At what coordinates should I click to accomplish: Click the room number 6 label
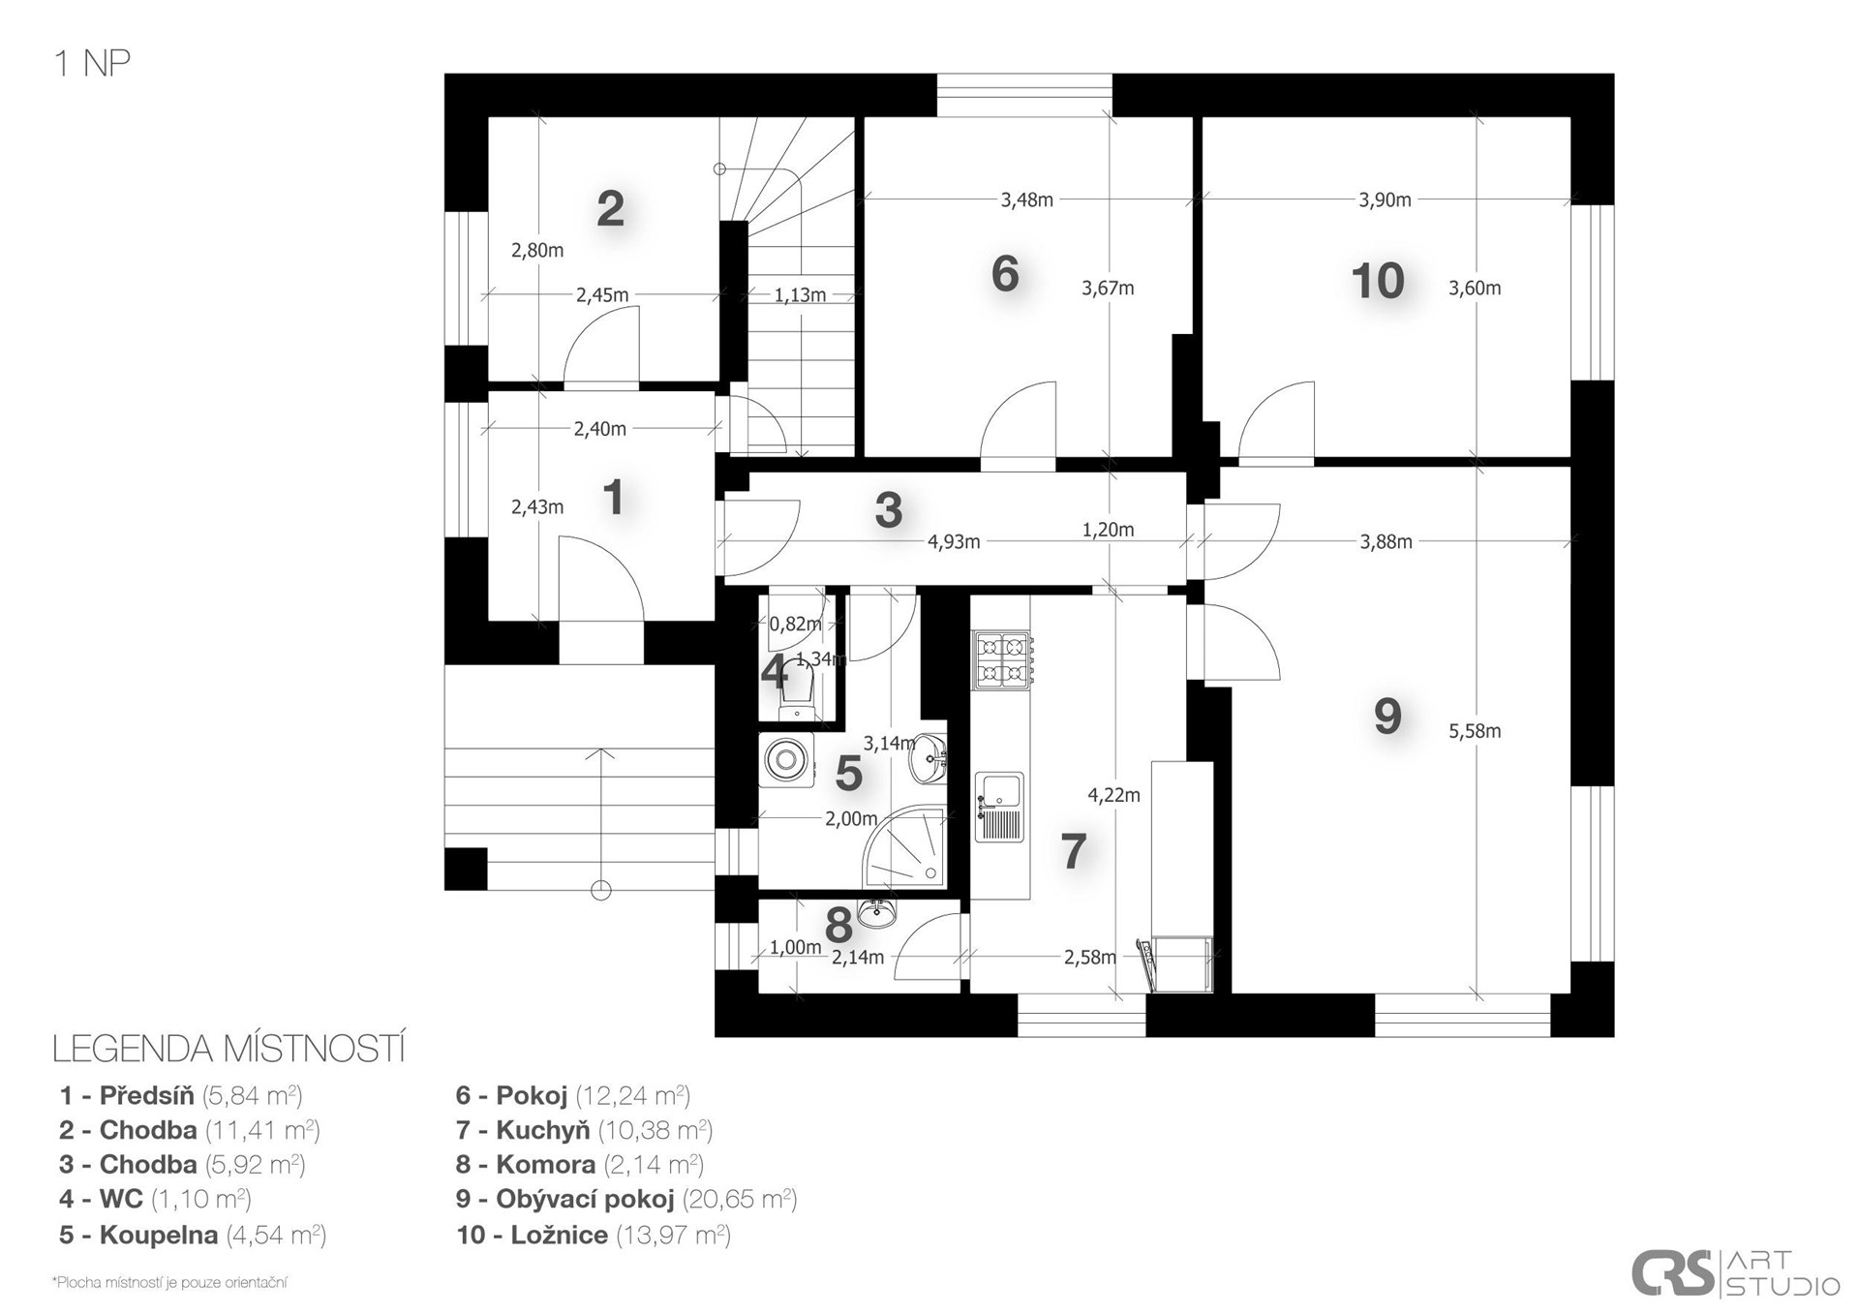coord(1005,274)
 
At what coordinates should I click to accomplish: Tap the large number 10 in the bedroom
coord(1378,281)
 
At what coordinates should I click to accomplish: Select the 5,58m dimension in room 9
coord(1475,731)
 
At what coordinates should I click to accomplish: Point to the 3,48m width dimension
coord(1026,200)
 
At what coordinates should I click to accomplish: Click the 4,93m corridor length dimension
coord(954,542)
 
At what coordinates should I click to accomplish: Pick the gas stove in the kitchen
coord(1002,660)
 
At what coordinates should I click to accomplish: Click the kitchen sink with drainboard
coord(999,807)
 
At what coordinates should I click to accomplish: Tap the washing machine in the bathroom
coord(784,759)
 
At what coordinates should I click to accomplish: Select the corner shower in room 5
coord(904,847)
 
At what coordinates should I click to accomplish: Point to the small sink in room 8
coord(877,911)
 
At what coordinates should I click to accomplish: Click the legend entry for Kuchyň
coord(584,1130)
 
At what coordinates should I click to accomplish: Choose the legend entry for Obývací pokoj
coord(626,1199)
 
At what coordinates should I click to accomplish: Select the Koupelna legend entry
coord(193,1235)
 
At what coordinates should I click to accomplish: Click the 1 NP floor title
coord(92,64)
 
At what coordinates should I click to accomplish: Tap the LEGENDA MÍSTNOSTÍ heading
coord(229,1050)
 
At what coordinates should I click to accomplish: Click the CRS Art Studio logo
coord(1735,1272)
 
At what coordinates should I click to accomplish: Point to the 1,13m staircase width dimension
coord(800,295)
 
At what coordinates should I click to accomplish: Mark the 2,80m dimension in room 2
coord(537,251)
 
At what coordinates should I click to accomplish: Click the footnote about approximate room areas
coord(170,1283)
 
